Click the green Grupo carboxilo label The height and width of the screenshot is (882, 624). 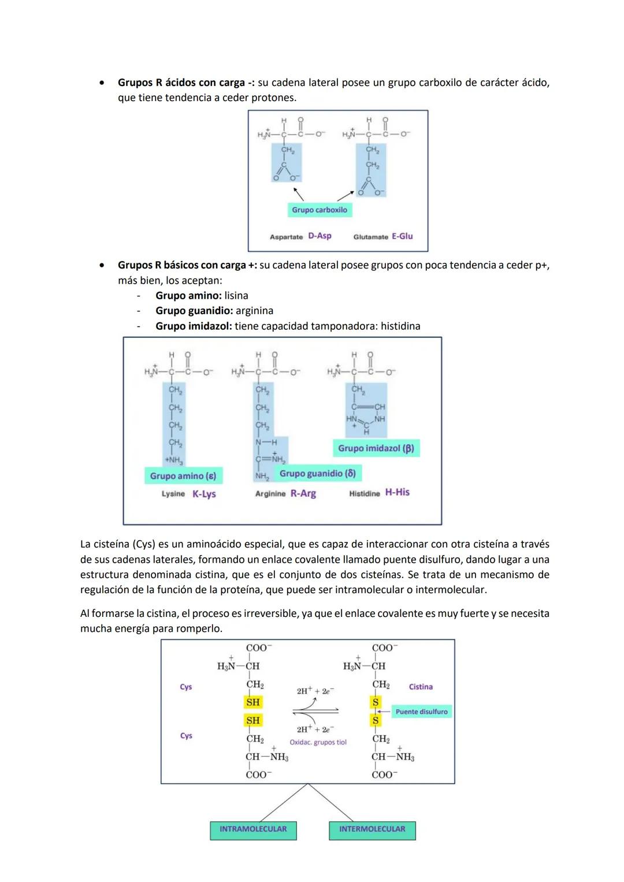click(320, 210)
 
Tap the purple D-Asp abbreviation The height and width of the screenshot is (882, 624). click(320, 236)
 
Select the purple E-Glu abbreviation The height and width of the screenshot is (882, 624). click(402, 236)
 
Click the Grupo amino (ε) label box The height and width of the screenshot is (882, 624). click(183, 476)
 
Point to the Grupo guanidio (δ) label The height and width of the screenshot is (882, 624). click(317, 474)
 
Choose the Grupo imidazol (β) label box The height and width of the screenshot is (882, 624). click(376, 448)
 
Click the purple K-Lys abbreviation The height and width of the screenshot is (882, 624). click(204, 494)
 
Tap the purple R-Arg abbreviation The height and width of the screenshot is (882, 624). click(303, 493)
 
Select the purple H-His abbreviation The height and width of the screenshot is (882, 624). click(397, 492)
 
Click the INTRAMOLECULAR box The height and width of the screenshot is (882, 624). click(253, 829)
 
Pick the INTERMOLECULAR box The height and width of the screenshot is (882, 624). click(372, 829)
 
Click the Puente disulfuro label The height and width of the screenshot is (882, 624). click(421, 712)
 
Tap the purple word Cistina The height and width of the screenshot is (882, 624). click(421, 687)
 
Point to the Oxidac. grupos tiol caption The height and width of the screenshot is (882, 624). click(318, 742)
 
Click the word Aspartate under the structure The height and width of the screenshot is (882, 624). click(286, 237)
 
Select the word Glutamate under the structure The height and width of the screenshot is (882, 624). click(370, 237)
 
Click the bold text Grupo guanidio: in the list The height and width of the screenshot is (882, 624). click(194, 311)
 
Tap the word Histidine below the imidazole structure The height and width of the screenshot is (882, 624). click(365, 493)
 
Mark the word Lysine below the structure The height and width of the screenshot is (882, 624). click(173, 494)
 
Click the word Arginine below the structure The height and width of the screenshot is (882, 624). click(270, 494)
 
